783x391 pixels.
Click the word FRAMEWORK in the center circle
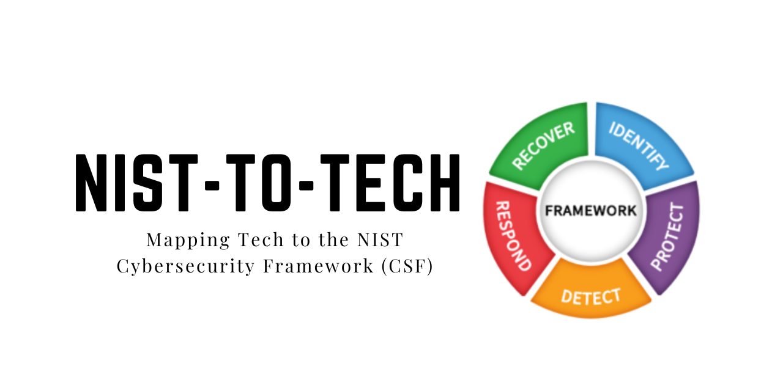pyautogui.click(x=591, y=211)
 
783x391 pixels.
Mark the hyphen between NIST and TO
pyautogui.click(x=212, y=186)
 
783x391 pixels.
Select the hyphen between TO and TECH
pyautogui.click(x=306, y=186)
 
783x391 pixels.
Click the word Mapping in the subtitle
pyautogui.click(x=188, y=240)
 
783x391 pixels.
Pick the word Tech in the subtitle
pyautogui.click(x=261, y=240)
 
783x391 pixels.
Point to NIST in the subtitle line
pyautogui.click(x=380, y=240)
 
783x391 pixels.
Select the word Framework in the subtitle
pyautogui.click(x=318, y=266)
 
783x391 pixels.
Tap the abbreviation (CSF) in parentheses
pyautogui.click(x=407, y=266)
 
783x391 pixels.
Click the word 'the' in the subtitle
pyautogui.click(x=333, y=239)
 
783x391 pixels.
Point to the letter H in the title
pyautogui.click(x=445, y=183)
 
